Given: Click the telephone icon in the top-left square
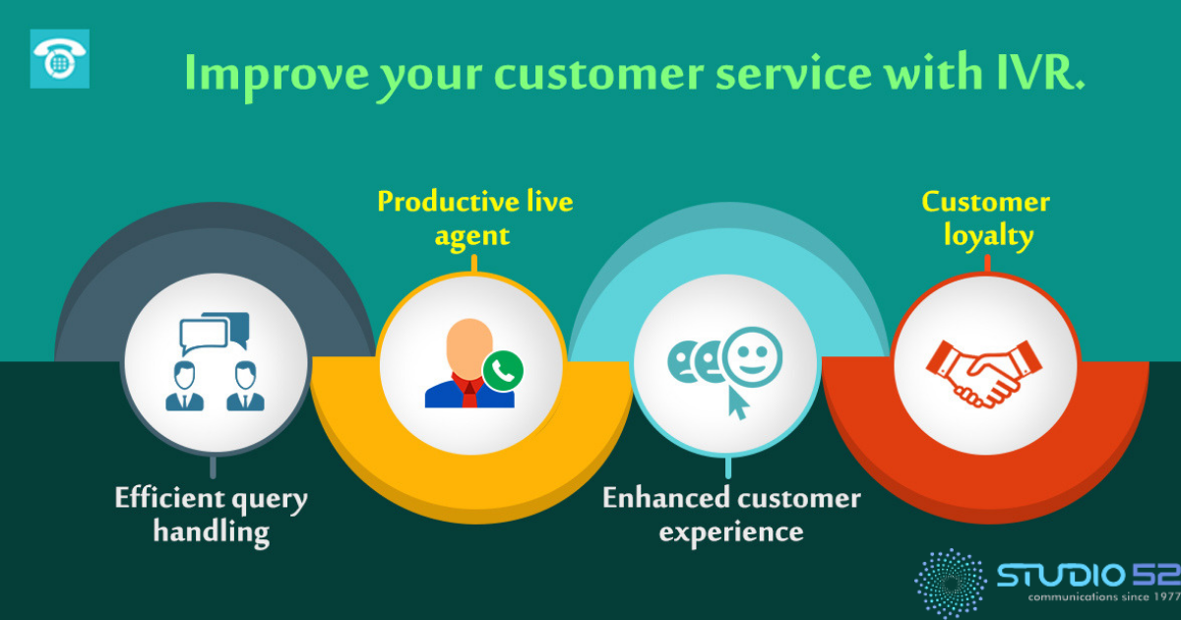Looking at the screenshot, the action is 60,59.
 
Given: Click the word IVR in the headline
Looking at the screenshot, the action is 1040,73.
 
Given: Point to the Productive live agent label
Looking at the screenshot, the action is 475,218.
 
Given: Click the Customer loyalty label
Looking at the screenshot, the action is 986,218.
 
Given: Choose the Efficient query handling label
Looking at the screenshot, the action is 211,515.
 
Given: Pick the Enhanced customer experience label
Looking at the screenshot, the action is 732,515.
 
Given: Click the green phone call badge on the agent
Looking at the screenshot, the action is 503,371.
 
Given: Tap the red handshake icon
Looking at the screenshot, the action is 984,374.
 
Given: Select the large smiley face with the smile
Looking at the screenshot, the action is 753,357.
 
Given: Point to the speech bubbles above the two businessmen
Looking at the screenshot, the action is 215,333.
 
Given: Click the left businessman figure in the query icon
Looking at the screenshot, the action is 185,386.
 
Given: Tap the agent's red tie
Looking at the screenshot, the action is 469,394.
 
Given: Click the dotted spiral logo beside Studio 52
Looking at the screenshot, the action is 951,583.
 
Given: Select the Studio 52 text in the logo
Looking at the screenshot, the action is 1088,575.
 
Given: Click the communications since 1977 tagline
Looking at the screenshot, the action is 1104,596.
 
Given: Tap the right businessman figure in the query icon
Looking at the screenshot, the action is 246,386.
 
